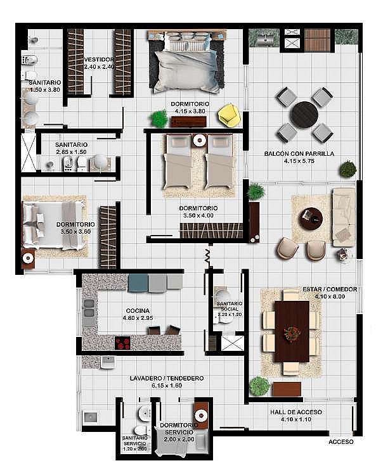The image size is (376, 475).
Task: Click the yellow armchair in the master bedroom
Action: pos(230,115)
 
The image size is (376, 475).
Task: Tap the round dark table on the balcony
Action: pos(304,115)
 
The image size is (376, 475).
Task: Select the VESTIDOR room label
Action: pos(99,60)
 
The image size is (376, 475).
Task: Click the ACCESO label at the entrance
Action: pos(341,441)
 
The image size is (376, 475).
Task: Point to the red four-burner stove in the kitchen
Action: pos(123,343)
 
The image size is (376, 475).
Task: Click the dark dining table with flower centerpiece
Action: pos(292,331)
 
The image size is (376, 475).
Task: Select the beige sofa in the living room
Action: pos(344,217)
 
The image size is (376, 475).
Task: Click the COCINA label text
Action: pos(138,311)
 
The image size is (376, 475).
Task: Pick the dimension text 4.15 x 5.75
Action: pos(299,161)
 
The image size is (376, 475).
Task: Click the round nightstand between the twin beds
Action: pos(200,140)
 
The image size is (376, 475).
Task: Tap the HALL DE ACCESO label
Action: pos(296,412)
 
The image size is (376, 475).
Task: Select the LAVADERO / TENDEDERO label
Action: pos(167,378)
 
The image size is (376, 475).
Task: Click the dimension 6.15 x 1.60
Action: pos(167,385)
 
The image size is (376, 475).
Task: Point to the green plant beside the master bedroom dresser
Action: pos(159,118)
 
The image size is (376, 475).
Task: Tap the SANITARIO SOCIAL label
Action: pos(230,307)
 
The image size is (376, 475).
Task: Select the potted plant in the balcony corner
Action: pos(348,169)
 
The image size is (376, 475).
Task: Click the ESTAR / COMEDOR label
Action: pos(330,289)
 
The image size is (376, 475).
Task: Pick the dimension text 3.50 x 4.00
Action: pos(198,216)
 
